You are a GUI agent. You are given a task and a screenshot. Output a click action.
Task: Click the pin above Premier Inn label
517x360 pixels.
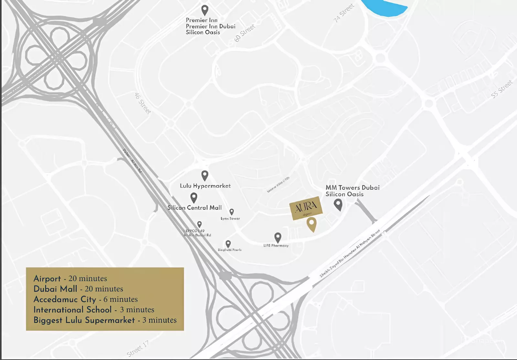coord(205,10)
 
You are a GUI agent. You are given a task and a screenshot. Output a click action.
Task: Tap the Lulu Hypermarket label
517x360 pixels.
coord(205,186)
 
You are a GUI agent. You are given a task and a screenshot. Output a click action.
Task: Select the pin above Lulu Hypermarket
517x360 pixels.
coord(205,175)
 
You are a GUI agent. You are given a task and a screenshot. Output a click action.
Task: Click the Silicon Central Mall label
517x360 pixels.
coord(195,208)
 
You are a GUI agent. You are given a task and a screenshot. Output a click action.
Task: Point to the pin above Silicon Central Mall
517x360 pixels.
coord(194,197)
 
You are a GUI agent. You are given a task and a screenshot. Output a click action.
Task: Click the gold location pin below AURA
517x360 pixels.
coord(311,224)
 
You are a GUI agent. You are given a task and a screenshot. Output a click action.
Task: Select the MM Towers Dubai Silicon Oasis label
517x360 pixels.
coord(352,191)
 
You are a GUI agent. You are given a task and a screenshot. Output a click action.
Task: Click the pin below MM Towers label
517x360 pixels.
coord(338,204)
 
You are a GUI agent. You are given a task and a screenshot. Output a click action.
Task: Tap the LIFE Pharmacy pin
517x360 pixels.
coord(278,238)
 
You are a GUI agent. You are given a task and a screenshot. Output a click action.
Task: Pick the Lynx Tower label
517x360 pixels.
coord(230,219)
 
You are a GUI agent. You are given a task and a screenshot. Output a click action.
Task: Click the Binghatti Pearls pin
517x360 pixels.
coord(228,244)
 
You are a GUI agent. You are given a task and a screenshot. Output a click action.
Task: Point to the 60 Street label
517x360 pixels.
coord(245,33)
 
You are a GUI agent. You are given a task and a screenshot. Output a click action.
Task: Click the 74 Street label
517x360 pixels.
coord(344,13)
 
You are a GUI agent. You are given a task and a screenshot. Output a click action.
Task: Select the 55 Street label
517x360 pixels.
coord(502,89)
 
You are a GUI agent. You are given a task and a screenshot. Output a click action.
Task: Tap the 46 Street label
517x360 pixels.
coord(142,103)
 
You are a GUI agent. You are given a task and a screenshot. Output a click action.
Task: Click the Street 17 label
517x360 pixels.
coord(138,349)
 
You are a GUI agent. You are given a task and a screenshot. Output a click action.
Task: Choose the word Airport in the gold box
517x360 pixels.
coord(47,279)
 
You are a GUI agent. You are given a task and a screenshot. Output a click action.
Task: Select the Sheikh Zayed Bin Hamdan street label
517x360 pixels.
coord(350,254)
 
